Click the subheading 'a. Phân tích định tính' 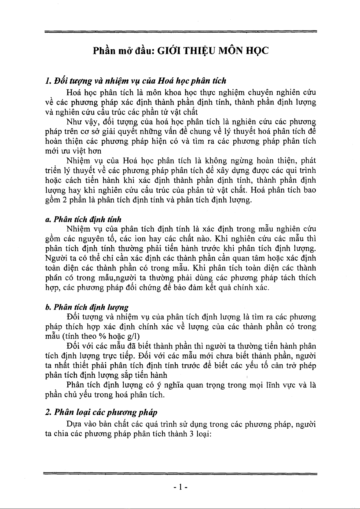(x=83, y=219)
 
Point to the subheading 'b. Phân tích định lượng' (x=86, y=307)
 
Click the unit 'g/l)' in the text (x=133, y=336)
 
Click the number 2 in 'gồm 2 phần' (x=64, y=200)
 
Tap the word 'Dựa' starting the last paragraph (x=74, y=424)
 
